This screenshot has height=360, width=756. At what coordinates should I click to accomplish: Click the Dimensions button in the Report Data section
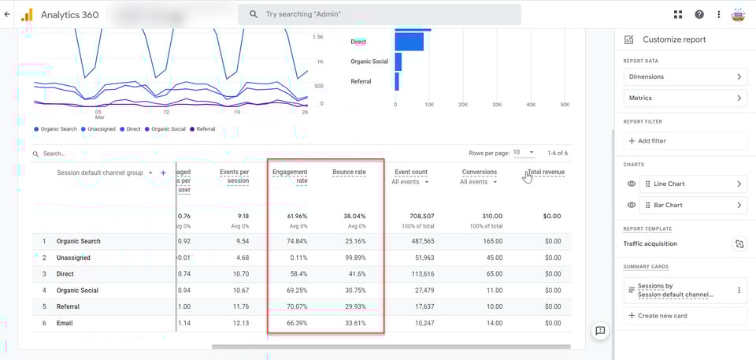684,76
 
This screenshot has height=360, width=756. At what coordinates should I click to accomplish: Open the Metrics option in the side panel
684,98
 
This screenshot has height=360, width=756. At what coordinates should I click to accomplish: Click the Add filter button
684,141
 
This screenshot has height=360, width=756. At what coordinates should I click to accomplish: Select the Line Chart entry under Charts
693,184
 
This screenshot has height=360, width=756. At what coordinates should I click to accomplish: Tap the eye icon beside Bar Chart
632,206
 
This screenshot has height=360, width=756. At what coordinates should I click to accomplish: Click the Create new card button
684,316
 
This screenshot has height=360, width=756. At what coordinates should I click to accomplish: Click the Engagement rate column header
289,176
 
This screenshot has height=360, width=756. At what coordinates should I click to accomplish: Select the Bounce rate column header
349,172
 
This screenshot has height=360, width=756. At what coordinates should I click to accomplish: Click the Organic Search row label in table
79,241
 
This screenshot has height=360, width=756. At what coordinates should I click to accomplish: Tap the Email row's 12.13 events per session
238,323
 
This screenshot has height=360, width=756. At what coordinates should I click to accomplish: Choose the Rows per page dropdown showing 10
524,152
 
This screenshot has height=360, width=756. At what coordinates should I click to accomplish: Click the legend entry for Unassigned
103,129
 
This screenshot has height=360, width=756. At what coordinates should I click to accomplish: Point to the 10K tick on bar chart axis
428,104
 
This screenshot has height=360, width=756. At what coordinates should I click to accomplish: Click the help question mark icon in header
699,14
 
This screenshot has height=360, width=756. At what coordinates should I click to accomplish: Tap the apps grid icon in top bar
678,14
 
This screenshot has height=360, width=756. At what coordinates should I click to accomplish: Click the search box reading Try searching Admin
380,14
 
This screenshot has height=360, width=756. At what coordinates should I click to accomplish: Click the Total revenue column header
546,172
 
